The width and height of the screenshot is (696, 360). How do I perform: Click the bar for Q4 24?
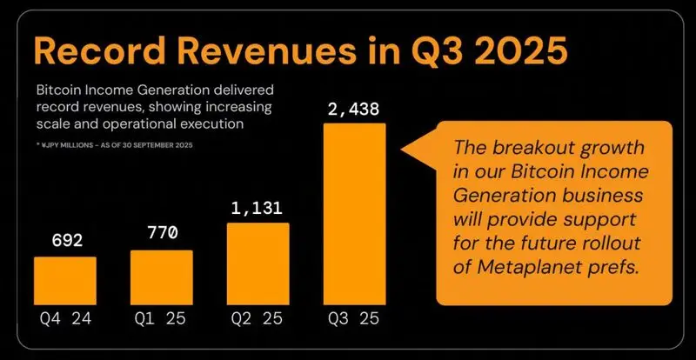(x=65, y=281)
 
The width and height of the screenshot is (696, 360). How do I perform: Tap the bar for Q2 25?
(x=258, y=264)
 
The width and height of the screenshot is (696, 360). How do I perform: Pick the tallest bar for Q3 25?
(x=355, y=214)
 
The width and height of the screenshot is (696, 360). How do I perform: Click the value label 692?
(x=65, y=241)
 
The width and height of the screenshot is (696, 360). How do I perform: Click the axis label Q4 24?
(x=65, y=318)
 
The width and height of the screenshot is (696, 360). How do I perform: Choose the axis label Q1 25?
(x=162, y=318)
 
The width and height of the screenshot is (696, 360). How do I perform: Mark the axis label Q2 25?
(x=258, y=318)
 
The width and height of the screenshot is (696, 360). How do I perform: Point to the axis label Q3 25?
(x=355, y=318)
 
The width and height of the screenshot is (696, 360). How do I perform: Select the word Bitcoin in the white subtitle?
(x=64, y=90)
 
